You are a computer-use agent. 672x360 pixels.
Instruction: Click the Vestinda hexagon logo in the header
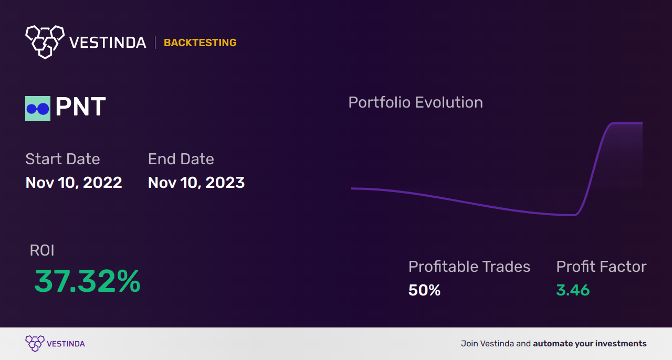click(x=45, y=41)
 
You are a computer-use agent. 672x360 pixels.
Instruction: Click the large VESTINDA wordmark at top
click(x=108, y=43)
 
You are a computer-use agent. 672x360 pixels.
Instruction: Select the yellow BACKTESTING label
click(x=200, y=43)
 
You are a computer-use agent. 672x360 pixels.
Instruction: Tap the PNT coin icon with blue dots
click(x=38, y=109)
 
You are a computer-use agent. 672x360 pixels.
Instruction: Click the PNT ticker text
click(x=80, y=108)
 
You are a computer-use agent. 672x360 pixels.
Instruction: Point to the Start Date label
click(x=62, y=159)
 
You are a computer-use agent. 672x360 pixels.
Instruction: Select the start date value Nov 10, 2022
click(x=73, y=183)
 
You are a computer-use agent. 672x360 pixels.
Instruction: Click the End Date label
click(x=181, y=159)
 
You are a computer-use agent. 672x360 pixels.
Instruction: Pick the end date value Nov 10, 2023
click(x=196, y=183)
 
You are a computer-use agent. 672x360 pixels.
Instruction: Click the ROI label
click(x=42, y=250)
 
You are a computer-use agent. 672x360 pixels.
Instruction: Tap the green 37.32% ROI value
click(x=87, y=281)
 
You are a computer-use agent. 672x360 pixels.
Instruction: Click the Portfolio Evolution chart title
click(x=415, y=102)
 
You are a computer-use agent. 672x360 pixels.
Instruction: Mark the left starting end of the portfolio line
click(x=353, y=188)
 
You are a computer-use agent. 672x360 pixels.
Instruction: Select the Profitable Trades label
click(x=469, y=267)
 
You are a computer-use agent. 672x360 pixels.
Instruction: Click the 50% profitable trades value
click(x=424, y=290)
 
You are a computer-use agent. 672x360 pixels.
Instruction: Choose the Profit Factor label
click(x=601, y=267)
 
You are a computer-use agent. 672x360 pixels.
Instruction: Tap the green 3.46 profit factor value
click(x=573, y=290)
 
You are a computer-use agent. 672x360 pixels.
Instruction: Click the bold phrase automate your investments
click(x=590, y=344)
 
